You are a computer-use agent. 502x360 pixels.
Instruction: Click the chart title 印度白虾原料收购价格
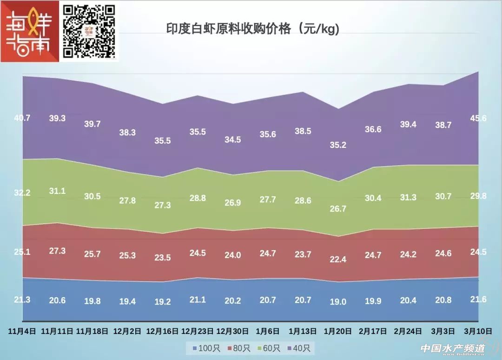point(253,29)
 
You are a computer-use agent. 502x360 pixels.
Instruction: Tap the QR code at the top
point(89,31)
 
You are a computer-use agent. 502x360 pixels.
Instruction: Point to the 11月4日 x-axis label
point(22,331)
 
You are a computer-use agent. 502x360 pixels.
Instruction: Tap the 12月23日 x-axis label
point(198,331)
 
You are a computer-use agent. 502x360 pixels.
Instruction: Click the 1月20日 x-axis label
point(338,331)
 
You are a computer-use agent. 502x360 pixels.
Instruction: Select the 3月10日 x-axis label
point(478,331)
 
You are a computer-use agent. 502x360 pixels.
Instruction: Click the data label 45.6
point(478,118)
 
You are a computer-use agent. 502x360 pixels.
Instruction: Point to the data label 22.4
point(338,260)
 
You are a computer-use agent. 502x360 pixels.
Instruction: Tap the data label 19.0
point(338,302)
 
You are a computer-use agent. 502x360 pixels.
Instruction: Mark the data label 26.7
point(338,209)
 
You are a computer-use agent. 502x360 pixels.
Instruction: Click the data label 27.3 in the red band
point(57,251)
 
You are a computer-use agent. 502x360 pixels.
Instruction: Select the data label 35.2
point(338,145)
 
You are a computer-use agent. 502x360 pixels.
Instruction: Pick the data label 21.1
point(198,300)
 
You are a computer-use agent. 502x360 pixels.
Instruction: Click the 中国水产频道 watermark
point(453,348)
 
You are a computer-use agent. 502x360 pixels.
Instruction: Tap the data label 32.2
point(22,193)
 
